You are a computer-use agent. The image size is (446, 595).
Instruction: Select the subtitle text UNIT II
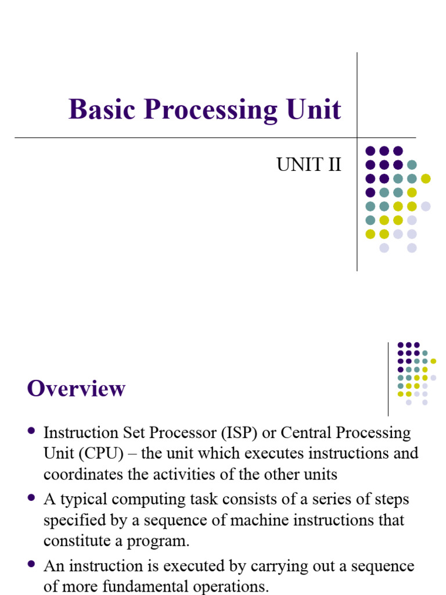pyautogui.click(x=308, y=165)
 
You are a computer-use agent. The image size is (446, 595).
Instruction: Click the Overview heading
pyautogui.click(x=76, y=388)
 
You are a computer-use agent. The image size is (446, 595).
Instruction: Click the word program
pyautogui.click(x=161, y=541)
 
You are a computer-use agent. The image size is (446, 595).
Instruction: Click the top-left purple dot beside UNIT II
pyautogui.click(x=370, y=150)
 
